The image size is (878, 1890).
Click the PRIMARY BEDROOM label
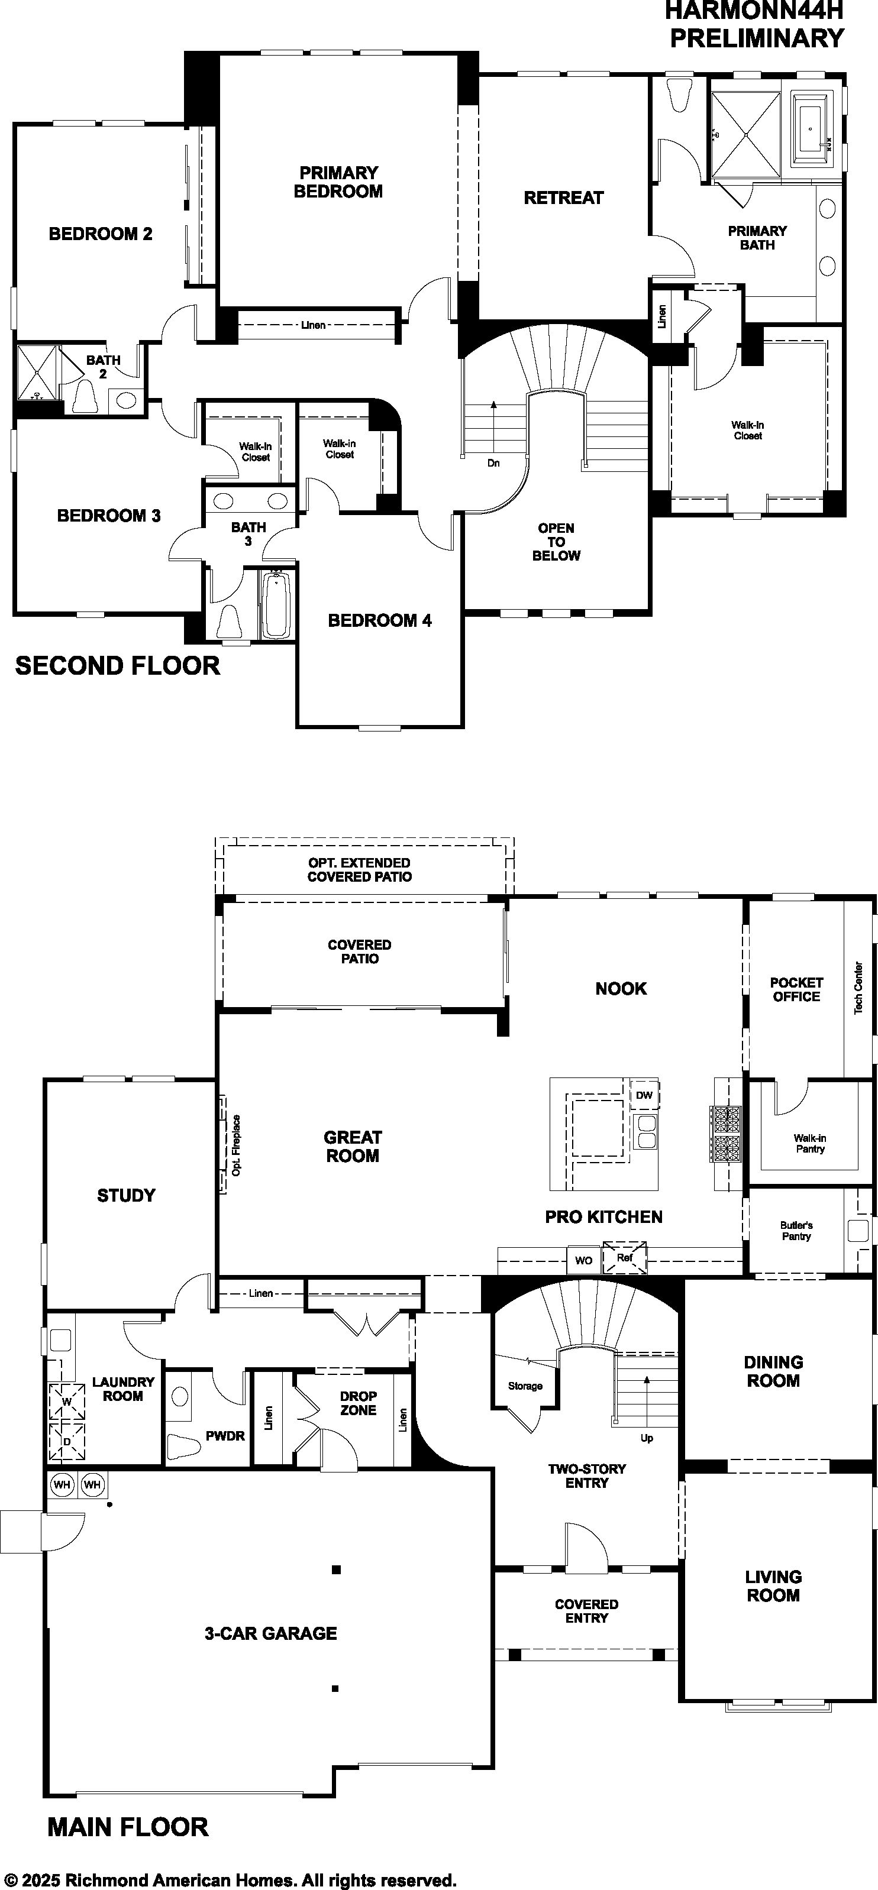tap(338, 182)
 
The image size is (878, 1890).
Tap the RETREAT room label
tap(563, 198)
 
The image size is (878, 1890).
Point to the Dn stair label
tap(493, 463)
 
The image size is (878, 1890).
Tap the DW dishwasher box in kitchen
tap(644, 1095)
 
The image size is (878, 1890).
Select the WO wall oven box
tap(583, 1260)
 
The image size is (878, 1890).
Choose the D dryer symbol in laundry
tap(67, 1441)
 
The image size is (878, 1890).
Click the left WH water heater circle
tap(62, 1485)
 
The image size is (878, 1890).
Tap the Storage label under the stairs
tap(525, 1386)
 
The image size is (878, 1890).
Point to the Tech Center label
tap(858, 988)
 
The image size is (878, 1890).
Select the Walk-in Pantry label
tap(810, 1143)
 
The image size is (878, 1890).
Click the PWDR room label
tap(225, 1436)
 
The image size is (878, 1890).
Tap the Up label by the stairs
tap(647, 1438)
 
